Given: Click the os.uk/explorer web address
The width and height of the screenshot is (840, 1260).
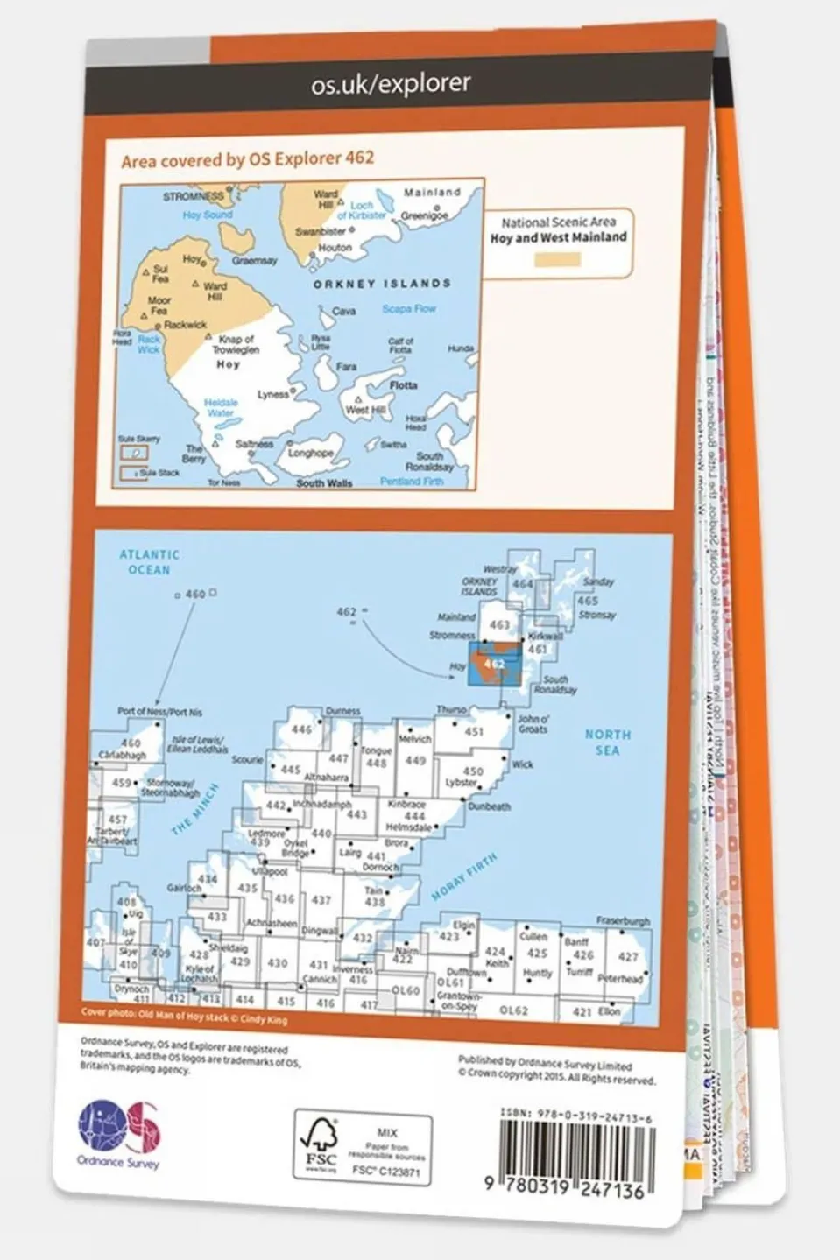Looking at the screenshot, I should pos(391,84).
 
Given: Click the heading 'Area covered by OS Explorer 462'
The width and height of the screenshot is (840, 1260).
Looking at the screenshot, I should pos(247,158).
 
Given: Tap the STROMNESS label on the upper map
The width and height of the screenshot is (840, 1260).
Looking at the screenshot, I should pos(193,197).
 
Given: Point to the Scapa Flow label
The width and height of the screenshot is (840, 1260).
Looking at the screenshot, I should pos(408,309).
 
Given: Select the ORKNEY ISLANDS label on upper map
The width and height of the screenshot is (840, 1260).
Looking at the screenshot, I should pos(382,284).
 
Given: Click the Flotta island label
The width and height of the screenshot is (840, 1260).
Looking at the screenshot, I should pos(403,385).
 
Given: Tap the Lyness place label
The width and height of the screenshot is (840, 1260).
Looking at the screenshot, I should pos(272,395).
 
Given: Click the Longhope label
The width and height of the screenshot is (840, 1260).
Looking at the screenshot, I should pos(310,454).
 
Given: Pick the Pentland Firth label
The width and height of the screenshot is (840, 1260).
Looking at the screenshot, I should pos(412,482).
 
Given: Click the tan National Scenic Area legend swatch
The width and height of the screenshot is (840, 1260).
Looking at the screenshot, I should pos(558,259).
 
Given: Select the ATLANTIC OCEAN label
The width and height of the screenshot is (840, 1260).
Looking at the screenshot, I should pos(150,562).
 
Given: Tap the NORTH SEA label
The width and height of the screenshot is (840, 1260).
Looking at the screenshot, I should pos(607,743).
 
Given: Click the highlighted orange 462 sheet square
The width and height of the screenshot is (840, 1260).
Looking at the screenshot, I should pos(494,664).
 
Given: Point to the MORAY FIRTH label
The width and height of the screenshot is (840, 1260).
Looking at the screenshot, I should pos(463,877).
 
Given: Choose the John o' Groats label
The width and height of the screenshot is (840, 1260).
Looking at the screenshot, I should pos(532,723).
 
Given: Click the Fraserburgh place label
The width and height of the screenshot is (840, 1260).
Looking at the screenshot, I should pos(623,921).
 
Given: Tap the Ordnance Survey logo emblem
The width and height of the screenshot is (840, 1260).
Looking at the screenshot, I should pos(120,1129).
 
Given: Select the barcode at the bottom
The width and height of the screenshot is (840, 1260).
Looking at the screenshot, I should pos(575,1152).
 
